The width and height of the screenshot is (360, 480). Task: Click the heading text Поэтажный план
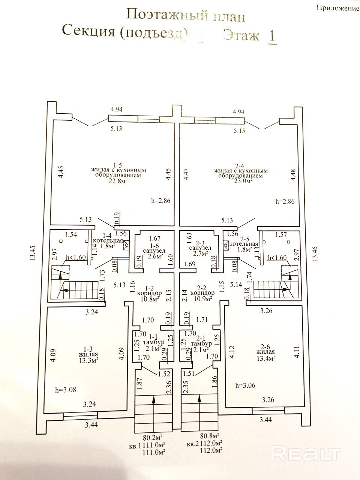(186, 16)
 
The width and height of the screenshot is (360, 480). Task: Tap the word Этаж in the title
(241, 36)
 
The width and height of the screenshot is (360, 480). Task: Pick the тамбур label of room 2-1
(201, 343)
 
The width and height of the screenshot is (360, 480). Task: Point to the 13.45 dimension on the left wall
(33, 253)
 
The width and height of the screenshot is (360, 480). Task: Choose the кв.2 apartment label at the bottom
(193, 445)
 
